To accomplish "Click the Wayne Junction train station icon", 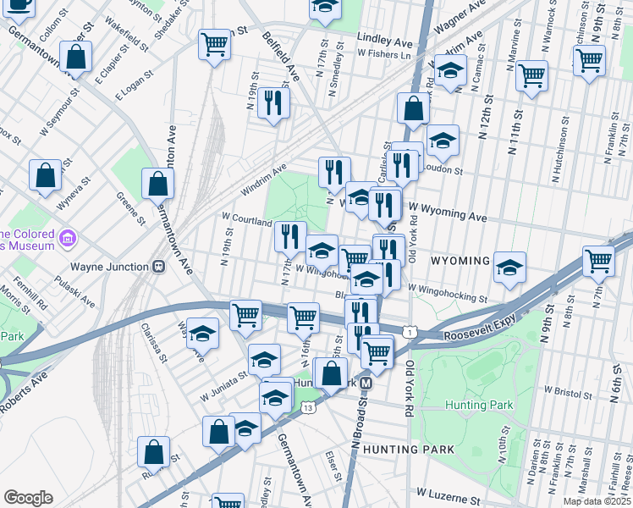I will click(157, 266).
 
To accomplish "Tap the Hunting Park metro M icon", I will click(366, 384).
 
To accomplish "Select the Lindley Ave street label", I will click(384, 40).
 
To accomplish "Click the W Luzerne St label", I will click(449, 492).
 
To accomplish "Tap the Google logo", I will click(28, 498).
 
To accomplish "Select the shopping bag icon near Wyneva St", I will click(46, 175).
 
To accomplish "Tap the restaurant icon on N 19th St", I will click(273, 103).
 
